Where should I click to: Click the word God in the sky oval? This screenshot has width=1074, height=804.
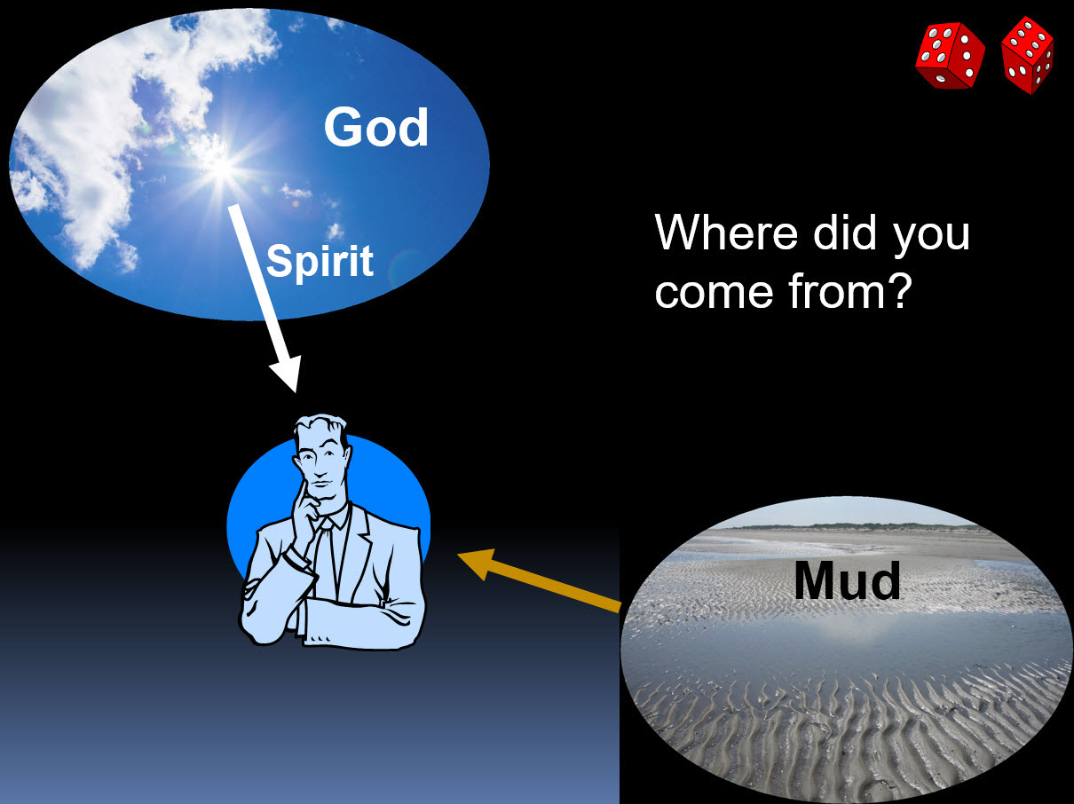(x=375, y=127)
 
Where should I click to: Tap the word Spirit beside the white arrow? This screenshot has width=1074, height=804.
(x=320, y=262)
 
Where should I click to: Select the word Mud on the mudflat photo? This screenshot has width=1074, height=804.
(x=847, y=580)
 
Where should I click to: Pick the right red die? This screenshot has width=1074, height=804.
(x=1028, y=55)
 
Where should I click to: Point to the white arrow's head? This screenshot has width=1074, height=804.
(x=286, y=373)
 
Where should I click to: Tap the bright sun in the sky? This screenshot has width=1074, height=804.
(x=223, y=167)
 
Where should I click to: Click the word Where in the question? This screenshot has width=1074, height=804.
(x=726, y=233)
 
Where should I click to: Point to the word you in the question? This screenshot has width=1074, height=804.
(x=932, y=237)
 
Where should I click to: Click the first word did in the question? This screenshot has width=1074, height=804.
(x=845, y=233)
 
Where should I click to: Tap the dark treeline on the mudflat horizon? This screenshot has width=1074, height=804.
(x=847, y=526)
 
